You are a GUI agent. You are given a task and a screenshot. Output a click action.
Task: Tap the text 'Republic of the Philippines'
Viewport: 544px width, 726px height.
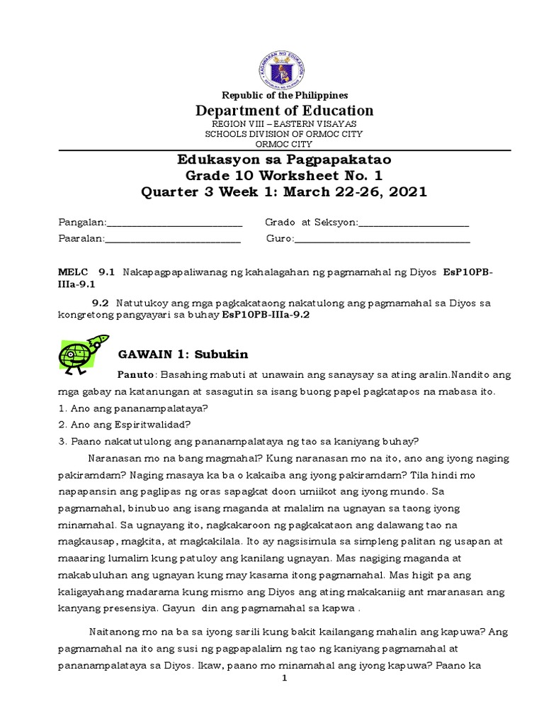(285, 95)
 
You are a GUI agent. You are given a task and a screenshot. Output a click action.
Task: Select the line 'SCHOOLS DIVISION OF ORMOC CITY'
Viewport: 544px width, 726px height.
(285, 133)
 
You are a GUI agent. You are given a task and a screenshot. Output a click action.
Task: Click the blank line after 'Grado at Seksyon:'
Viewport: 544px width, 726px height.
(414, 224)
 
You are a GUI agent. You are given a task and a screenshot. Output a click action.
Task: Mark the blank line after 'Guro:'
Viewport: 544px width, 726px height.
(382, 240)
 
